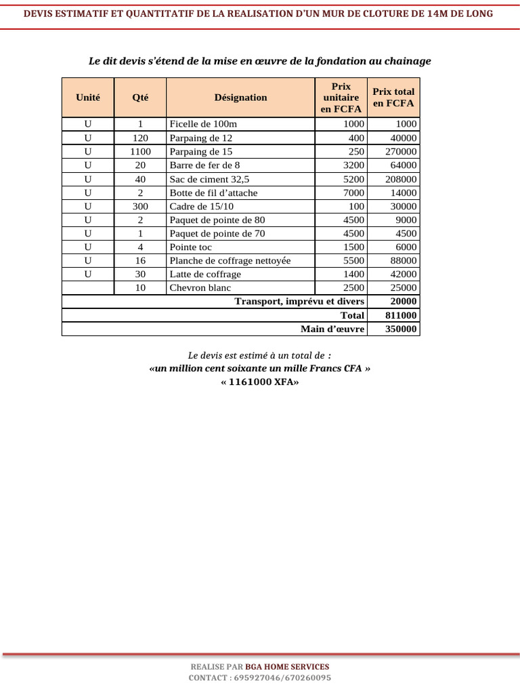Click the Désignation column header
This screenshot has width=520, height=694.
pyautogui.click(x=240, y=98)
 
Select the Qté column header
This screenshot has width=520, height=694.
pyautogui.click(x=140, y=98)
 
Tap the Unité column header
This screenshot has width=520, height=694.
pyautogui.click(x=88, y=98)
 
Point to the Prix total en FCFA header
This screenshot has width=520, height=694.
pyautogui.click(x=393, y=98)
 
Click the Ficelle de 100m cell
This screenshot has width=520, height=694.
pyautogui.click(x=203, y=124)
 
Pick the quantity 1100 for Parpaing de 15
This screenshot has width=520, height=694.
pyautogui.click(x=140, y=152)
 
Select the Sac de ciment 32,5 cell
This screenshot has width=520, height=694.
pyautogui.click(x=209, y=179)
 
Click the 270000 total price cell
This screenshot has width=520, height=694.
pyautogui.click(x=401, y=152)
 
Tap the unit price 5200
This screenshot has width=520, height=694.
pyautogui.click(x=353, y=179)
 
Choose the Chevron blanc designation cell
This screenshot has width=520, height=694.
pyautogui.click(x=200, y=288)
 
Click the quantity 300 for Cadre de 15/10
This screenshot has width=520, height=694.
pyautogui.click(x=140, y=206)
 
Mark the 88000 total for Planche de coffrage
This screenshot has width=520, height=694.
pyautogui.click(x=404, y=261)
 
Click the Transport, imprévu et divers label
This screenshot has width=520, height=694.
pyautogui.click(x=299, y=302)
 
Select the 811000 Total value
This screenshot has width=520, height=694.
pyautogui.click(x=401, y=315)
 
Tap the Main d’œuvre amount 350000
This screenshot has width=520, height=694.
pyautogui.click(x=401, y=329)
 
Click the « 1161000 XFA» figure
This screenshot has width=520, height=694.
pyautogui.click(x=259, y=382)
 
